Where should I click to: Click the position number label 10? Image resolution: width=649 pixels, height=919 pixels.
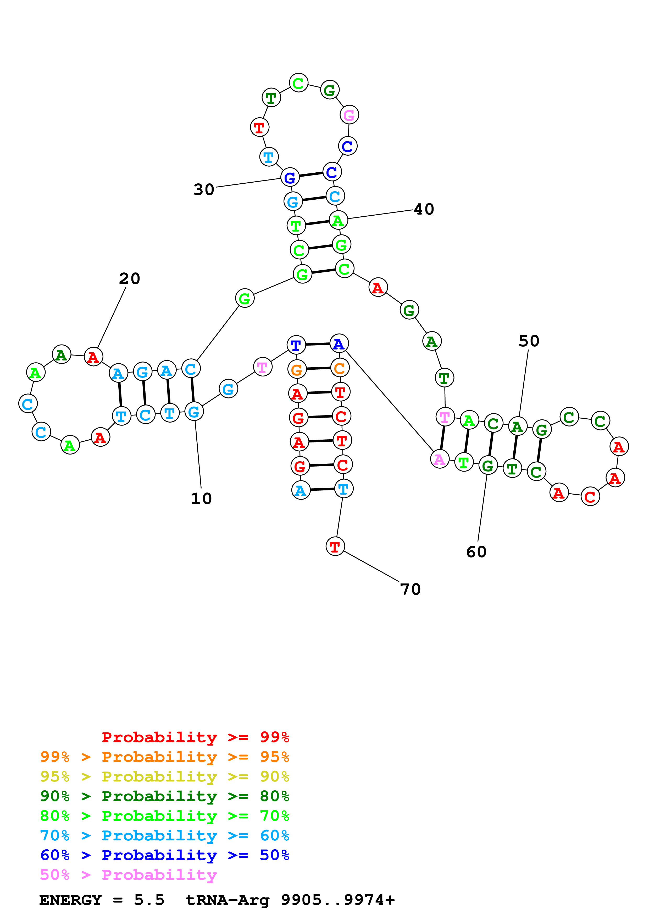point(201,499)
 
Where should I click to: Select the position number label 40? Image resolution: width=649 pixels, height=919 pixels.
point(424,209)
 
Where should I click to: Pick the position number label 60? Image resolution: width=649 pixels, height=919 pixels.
point(476,552)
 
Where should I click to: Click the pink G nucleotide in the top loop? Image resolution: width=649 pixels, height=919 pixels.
point(349,115)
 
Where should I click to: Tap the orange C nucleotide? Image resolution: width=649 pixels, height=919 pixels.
point(340,368)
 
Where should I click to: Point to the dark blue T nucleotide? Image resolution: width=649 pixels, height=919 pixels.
point(296,345)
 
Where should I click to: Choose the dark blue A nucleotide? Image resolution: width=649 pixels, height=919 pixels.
point(339,344)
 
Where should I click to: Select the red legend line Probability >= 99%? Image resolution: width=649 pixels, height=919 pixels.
point(195,737)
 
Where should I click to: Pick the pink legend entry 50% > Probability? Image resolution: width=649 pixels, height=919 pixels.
point(128,875)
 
